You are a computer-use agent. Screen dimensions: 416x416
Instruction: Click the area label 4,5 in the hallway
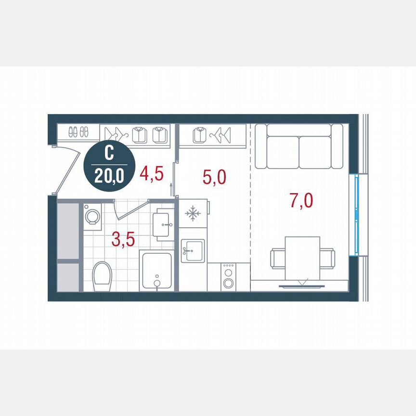150,173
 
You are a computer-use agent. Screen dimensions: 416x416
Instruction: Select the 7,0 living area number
302,200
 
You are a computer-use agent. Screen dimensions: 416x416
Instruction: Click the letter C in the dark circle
109,154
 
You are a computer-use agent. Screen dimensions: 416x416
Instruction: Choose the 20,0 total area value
109,176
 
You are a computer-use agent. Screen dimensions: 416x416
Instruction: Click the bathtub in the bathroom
156,271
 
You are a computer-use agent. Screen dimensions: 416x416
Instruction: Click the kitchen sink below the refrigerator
193,250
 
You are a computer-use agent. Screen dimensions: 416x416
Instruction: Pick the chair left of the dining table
278,258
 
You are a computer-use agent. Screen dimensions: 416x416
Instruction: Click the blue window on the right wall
357,214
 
